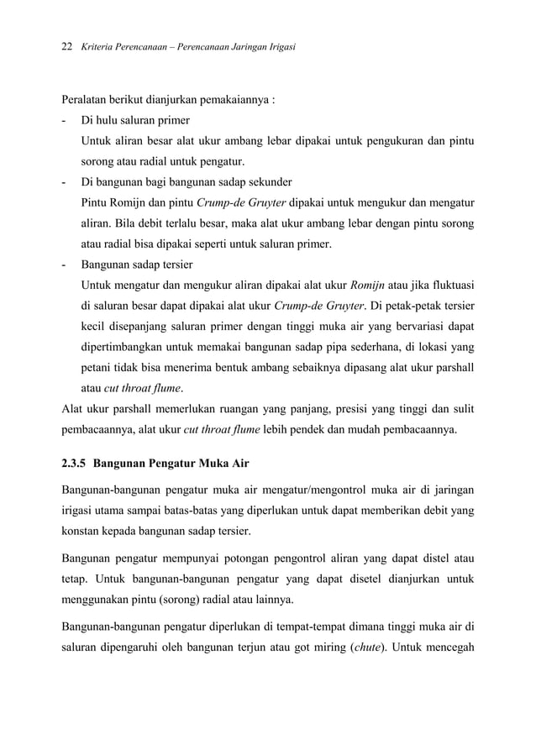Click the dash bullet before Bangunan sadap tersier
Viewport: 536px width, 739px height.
[65, 265]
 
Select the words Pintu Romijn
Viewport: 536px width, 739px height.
[113, 202]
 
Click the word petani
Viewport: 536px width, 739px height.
[96, 367]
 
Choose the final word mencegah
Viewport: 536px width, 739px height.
[447, 647]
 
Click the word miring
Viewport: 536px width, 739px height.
[323, 647]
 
